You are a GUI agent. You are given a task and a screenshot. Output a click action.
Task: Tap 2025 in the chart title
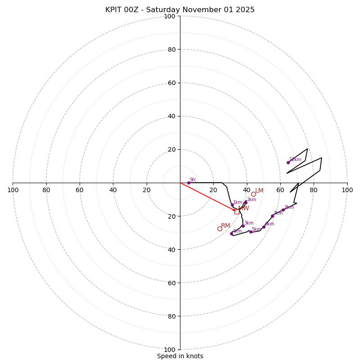[x=246, y=10]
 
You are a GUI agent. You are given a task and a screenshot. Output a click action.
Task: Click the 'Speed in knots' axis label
[x=180, y=356]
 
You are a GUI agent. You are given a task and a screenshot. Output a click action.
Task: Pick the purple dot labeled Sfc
[x=189, y=183]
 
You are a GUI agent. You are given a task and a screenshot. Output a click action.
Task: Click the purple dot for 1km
[x=232, y=205]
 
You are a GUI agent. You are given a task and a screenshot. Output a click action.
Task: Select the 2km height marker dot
[x=246, y=202]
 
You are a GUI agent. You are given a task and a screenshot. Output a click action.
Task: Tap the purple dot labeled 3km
[x=243, y=226]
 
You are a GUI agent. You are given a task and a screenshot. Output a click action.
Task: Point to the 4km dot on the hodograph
[x=231, y=234]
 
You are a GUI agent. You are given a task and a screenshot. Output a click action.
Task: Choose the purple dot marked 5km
[x=251, y=232]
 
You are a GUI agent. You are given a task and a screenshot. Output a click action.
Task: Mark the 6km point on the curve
[x=264, y=227]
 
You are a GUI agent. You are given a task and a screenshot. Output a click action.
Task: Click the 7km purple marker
[x=272, y=216]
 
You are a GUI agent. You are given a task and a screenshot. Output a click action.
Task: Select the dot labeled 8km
[x=283, y=210]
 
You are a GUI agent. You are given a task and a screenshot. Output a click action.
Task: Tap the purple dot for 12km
[x=288, y=162]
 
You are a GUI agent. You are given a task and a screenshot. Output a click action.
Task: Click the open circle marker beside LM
[x=253, y=194]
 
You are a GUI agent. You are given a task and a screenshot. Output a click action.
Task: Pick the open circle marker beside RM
[x=220, y=229]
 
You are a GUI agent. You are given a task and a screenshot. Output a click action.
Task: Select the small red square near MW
[x=237, y=211]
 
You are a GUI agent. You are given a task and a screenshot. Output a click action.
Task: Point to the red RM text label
[x=225, y=225]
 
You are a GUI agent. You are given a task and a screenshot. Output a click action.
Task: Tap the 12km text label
[x=295, y=159]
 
